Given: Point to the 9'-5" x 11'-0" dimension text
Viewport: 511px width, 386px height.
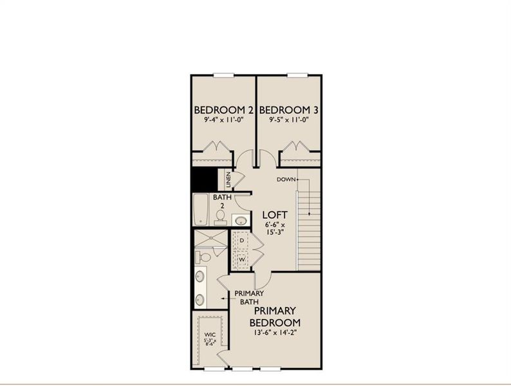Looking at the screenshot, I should point(289,120).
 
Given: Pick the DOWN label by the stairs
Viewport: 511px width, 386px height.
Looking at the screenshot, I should point(286,179).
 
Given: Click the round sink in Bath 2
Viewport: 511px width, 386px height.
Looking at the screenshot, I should point(240,220).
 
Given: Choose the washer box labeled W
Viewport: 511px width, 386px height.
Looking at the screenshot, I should point(241,260).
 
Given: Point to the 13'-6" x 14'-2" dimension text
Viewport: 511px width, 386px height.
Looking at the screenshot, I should point(275,333).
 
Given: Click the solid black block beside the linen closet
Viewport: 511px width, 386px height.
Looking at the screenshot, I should point(203,179).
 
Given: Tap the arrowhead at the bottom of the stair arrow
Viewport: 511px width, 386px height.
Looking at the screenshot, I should point(310,212).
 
